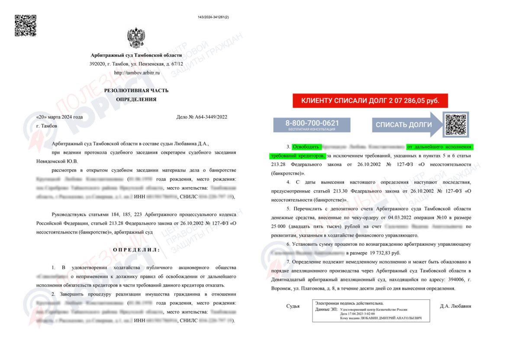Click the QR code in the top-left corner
(26, 26)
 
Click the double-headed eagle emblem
(136, 38)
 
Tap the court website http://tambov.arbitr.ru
(137, 73)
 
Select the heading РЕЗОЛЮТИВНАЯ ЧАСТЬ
(136, 90)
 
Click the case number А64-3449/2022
(202, 117)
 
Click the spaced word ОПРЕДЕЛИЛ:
(136, 250)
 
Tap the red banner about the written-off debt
(370, 101)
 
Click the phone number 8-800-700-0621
(312, 123)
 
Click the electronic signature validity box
(371, 311)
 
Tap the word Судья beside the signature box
(293, 307)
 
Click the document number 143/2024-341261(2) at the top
(213, 17)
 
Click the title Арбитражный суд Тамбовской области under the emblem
(136, 56)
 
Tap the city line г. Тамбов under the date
(46, 126)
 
